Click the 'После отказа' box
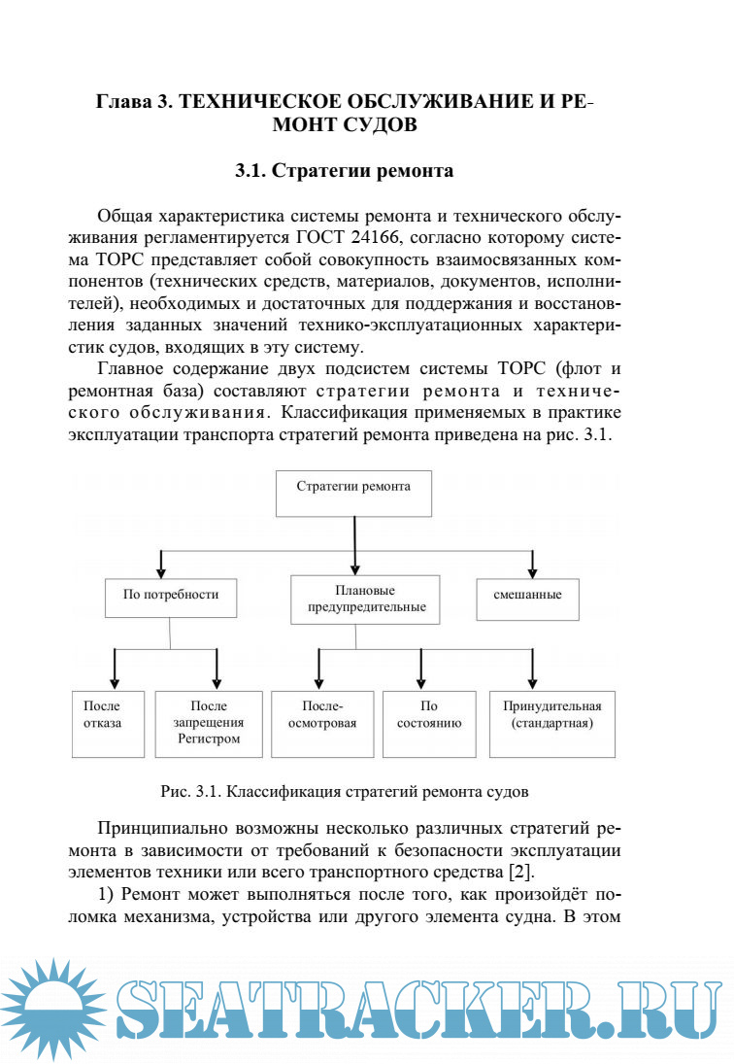pyautogui.click(x=110, y=723)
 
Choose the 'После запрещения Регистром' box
pyautogui.click(x=209, y=723)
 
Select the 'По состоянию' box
pyautogui.click(x=429, y=723)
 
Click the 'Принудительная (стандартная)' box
pyautogui.click(x=551, y=723)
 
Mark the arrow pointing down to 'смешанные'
pyautogui.click(x=532, y=564)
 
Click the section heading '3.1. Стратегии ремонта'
pyautogui.click(x=344, y=172)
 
